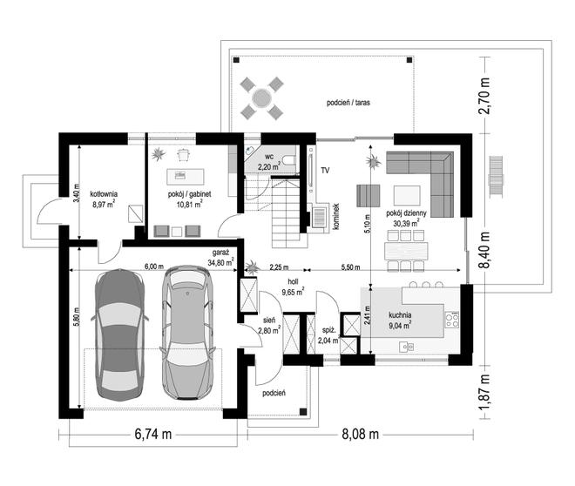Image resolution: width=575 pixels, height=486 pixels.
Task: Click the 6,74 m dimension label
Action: click(x=153, y=435)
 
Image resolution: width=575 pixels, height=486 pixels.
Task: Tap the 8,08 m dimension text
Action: click(x=360, y=435)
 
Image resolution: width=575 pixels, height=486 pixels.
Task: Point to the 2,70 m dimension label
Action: click(x=484, y=96)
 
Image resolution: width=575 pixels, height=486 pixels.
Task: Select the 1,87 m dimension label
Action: click(x=484, y=392)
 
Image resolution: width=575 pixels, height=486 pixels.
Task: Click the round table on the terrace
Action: click(x=262, y=98)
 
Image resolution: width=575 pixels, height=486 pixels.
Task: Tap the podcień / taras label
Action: click(x=348, y=103)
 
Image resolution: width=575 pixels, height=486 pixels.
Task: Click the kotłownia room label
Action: click(x=104, y=194)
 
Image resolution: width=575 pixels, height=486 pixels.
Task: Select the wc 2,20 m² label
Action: click(x=269, y=162)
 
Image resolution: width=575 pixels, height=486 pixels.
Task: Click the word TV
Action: click(x=325, y=170)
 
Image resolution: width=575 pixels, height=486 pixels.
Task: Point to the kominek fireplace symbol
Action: click(x=319, y=216)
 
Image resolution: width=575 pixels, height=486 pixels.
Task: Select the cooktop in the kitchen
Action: click(x=452, y=320)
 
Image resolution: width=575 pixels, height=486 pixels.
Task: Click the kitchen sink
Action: click(x=407, y=347)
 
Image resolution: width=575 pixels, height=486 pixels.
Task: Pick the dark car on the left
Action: click(x=119, y=334)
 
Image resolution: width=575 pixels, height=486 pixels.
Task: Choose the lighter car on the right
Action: click(x=187, y=332)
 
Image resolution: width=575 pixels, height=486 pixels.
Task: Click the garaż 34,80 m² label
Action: click(x=220, y=258)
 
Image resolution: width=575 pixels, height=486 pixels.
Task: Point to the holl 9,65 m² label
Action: click(x=293, y=287)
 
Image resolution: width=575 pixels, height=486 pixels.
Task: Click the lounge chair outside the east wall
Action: click(x=496, y=177)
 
